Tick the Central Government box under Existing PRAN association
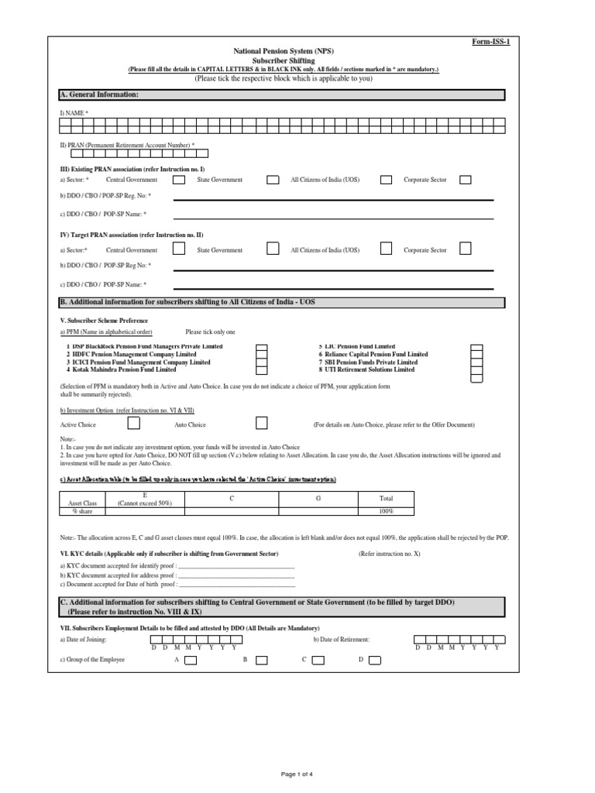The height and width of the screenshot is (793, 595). click(179, 180)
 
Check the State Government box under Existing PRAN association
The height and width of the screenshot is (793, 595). click(273, 180)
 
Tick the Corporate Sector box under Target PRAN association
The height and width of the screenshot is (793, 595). click(466, 249)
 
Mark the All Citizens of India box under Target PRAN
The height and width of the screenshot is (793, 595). click(386, 249)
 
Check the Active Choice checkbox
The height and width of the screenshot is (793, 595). click(134, 424)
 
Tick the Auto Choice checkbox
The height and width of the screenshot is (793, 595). click(262, 424)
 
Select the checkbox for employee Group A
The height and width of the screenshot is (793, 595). click(191, 661)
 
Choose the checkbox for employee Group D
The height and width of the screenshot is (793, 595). click(375, 661)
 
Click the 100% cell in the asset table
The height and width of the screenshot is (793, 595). click(387, 512)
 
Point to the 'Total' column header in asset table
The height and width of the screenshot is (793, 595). click(387, 499)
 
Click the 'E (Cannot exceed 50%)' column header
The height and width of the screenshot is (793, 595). click(144, 499)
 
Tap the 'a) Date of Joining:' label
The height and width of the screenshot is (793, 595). click(84, 640)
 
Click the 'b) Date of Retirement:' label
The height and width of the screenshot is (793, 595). click(342, 640)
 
